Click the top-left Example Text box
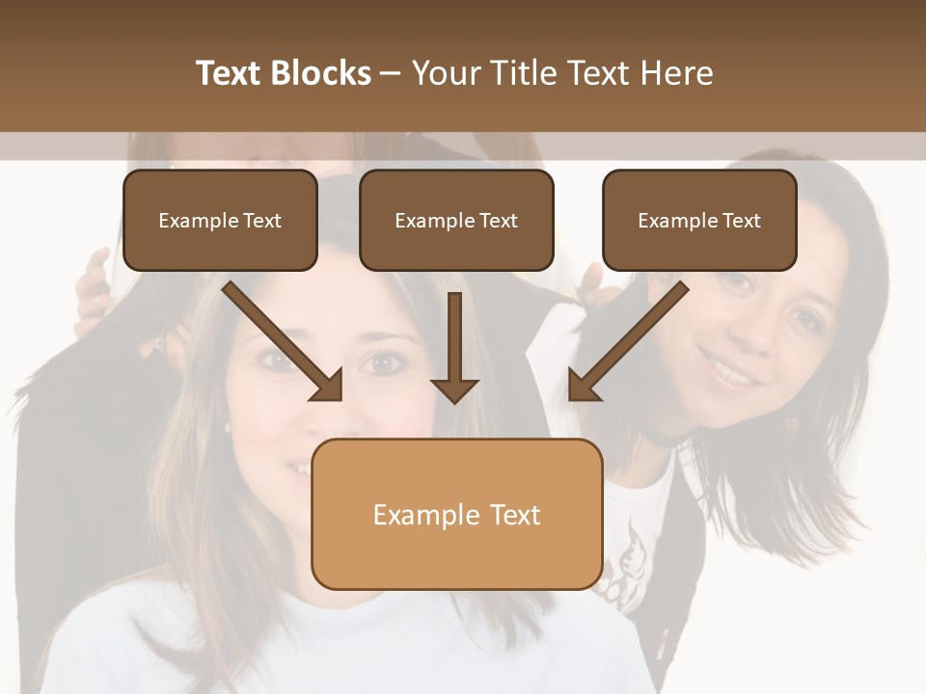(220, 220)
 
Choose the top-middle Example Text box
(456, 220)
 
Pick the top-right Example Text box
(699, 220)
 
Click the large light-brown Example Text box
(456, 514)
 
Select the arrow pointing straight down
(454, 348)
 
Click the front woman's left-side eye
(275, 360)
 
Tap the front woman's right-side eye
(384, 363)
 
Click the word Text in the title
(229, 73)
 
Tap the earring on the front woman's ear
(226, 425)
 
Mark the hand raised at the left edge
(94, 289)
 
